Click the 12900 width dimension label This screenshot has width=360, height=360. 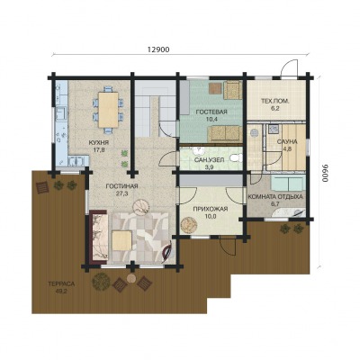[158, 49]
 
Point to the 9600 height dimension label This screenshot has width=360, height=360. [325, 174]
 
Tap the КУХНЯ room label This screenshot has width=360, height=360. [98, 142]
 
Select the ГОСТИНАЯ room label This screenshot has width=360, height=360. [121, 186]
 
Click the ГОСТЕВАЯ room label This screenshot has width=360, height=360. [211, 112]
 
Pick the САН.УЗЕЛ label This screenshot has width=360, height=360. [209, 160]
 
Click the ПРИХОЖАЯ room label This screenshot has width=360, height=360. [211, 209]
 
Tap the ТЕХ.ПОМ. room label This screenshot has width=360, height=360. [275, 102]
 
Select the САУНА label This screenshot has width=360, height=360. [287, 141]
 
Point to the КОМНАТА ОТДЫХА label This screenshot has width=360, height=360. [275, 197]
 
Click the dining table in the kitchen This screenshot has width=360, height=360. [108, 110]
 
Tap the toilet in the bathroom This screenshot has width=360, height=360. [237, 157]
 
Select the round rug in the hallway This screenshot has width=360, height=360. [189, 225]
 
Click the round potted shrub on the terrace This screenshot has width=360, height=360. [101, 282]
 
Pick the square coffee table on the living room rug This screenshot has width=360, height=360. [121, 240]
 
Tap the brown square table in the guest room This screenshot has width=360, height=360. [215, 88]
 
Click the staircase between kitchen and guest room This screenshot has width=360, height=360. [155, 109]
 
